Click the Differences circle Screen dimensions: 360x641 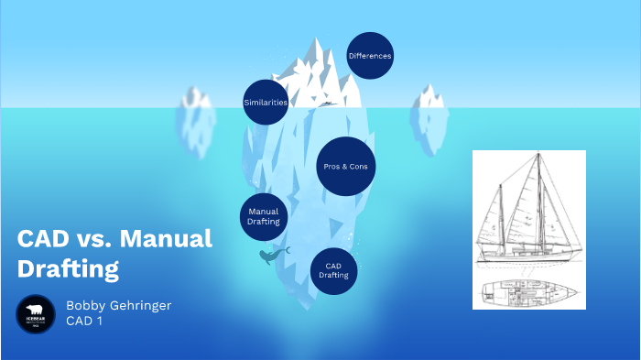pyautogui.click(x=370, y=56)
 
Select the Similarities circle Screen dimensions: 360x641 pyautogui.click(x=266, y=102)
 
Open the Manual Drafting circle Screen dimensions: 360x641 pyautogui.click(x=264, y=216)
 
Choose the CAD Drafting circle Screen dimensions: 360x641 pyautogui.click(x=335, y=270)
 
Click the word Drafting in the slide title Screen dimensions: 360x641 pyautogui.click(x=69, y=269)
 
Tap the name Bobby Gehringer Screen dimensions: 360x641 pyautogui.click(x=118, y=305)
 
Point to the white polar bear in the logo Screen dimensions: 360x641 pyautogui.click(x=36, y=310)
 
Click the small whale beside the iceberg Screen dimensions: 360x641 pyautogui.click(x=269, y=256)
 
